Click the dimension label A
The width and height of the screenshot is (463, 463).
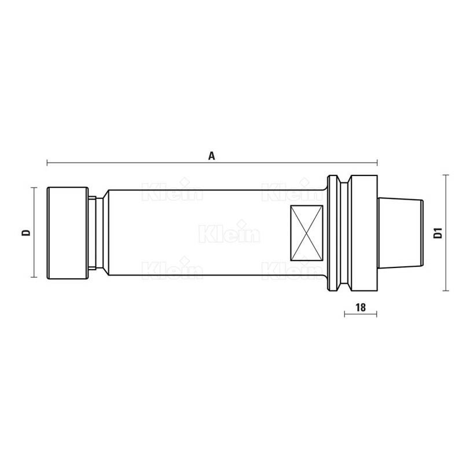point(211,156)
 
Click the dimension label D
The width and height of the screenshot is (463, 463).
point(26,233)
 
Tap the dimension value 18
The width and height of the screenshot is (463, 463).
point(361,307)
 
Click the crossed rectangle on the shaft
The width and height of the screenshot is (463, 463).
point(307,233)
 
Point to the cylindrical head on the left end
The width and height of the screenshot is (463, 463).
point(68,233)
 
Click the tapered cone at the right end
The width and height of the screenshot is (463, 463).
point(400,233)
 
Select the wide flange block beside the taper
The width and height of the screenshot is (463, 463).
point(363,233)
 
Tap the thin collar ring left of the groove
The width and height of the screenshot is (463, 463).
point(333,233)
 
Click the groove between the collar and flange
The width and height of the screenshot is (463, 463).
point(344,233)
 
